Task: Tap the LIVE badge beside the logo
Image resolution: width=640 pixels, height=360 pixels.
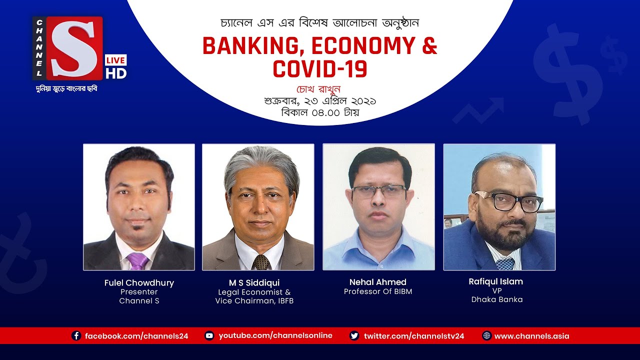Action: coord(115,60)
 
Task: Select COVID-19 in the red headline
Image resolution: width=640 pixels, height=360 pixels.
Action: coord(320,68)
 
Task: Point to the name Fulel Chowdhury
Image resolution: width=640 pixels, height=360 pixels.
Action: coord(139,283)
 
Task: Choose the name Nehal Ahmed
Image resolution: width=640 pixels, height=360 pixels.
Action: coord(378,282)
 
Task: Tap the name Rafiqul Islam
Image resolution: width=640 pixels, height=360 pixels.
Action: coord(496,281)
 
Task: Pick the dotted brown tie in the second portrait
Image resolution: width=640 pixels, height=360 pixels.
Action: coord(260,262)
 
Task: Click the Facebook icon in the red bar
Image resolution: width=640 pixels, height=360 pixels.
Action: coord(76,336)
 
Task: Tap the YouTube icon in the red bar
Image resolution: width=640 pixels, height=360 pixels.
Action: coord(209,336)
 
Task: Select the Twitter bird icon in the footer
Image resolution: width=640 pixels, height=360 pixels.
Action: coord(354,336)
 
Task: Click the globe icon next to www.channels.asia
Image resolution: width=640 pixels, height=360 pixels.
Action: coord(486,336)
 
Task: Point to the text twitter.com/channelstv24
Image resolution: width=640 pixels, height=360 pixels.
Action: coord(414,336)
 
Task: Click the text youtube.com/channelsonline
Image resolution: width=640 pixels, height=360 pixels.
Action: coord(275,335)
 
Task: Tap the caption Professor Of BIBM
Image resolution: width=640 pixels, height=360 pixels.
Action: coord(378,291)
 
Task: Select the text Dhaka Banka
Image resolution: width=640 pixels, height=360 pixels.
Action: coord(497,299)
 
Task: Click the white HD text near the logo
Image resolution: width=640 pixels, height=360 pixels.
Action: coord(115,73)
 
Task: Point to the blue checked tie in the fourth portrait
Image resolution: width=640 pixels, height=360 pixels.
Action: coord(505,263)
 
